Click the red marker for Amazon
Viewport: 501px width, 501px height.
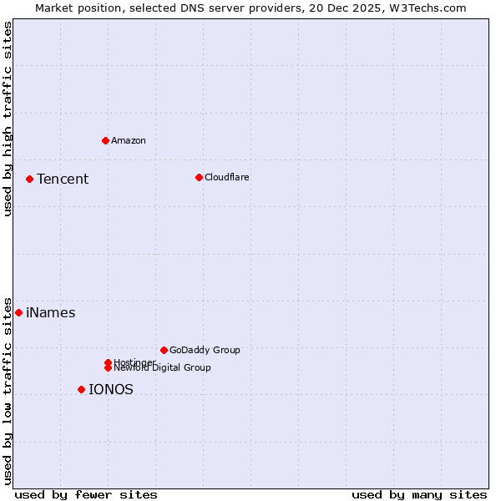click(x=105, y=140)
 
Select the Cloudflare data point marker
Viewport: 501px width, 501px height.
click(x=199, y=177)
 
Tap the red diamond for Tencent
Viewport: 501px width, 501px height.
click(x=29, y=179)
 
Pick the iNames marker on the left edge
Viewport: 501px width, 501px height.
click(x=18, y=312)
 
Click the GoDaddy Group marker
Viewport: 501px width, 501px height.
click(x=164, y=350)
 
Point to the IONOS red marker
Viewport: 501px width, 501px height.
click(x=81, y=389)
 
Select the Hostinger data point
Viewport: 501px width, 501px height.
click(x=108, y=362)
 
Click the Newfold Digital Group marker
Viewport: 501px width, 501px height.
click(x=108, y=367)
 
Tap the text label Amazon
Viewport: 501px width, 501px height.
click(x=129, y=140)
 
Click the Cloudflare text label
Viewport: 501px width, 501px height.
click(x=227, y=177)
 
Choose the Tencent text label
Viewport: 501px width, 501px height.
click(x=63, y=179)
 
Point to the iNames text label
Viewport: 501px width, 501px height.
click(x=51, y=313)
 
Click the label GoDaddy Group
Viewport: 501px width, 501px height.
click(x=205, y=350)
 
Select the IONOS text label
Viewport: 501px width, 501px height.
click(x=111, y=389)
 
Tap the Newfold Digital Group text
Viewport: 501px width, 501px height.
click(x=163, y=368)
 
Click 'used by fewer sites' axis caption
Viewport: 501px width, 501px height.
click(x=86, y=494)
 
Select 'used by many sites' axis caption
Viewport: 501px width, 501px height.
click(x=419, y=494)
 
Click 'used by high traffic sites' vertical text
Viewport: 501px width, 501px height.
click(x=8, y=119)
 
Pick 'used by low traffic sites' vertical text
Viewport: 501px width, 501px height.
click(x=8, y=390)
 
